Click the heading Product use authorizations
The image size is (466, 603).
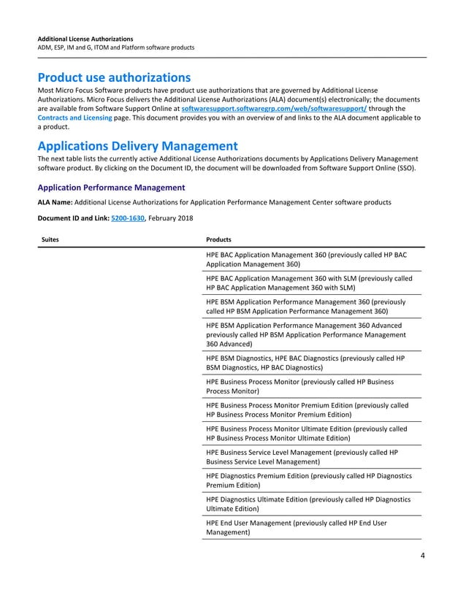(114, 77)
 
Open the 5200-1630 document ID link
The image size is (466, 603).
(127, 218)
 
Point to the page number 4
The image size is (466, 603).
(422, 556)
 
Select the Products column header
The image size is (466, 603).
(219, 239)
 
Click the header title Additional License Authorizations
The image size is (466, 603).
(85, 38)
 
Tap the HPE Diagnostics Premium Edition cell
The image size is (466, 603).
(308, 480)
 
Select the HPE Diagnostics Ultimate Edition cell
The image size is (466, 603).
(308, 504)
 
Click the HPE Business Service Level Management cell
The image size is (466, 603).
(301, 457)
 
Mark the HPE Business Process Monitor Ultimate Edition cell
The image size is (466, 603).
(306, 434)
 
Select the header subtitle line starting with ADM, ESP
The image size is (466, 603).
(115, 47)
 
